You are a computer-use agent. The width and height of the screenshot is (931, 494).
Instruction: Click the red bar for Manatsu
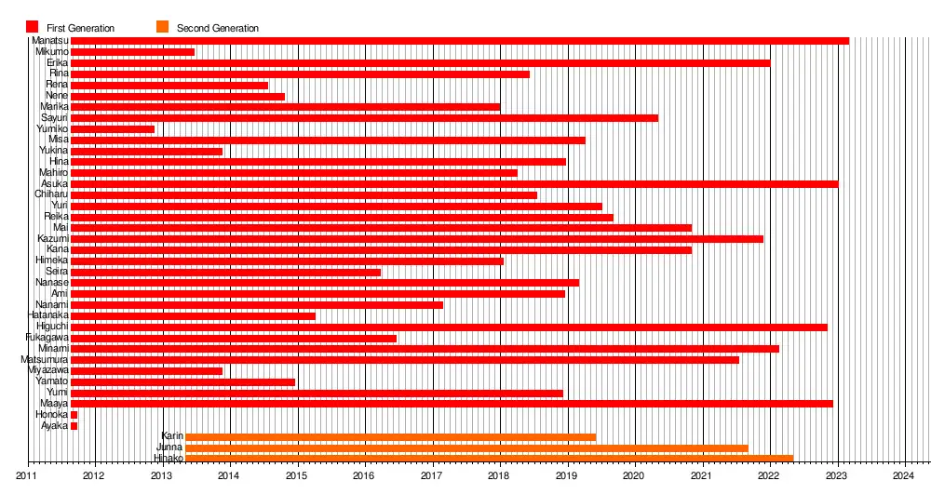(460, 41)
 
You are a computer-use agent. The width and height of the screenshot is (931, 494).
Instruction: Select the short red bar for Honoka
(74, 415)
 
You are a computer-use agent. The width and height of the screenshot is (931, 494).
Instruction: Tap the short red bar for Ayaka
(74, 426)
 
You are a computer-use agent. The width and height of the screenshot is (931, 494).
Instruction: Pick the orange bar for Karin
(391, 436)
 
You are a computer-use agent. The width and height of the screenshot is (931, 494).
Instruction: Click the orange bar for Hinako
(490, 459)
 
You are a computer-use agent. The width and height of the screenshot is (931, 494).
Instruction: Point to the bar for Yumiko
(113, 129)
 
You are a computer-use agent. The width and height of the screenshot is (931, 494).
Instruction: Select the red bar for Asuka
(454, 184)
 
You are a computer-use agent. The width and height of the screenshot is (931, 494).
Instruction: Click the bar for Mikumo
(132, 52)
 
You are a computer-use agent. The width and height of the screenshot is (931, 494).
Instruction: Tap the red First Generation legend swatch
(32, 27)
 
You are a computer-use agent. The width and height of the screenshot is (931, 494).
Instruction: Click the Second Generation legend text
(218, 28)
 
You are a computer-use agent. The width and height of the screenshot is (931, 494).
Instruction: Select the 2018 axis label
(499, 475)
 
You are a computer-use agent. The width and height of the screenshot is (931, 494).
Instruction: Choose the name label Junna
(169, 447)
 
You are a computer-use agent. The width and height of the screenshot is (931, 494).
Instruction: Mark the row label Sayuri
(54, 118)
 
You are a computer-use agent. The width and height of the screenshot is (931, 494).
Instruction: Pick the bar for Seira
(226, 273)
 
